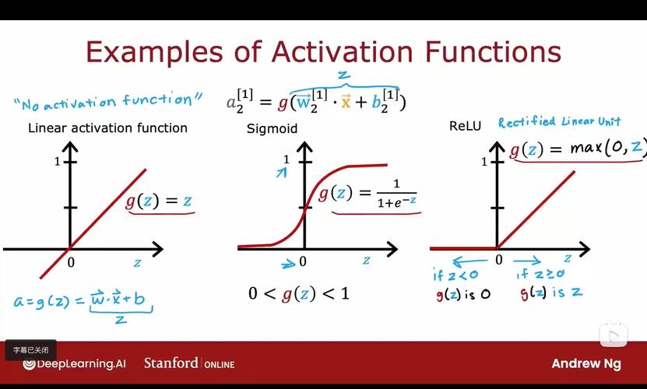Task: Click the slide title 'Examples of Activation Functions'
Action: (323, 52)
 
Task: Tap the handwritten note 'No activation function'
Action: (108, 100)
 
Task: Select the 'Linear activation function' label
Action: (107, 128)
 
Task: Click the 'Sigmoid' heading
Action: (272, 128)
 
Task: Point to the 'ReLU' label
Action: (465, 125)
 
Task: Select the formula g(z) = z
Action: (160, 201)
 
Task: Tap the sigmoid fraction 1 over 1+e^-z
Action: (396, 193)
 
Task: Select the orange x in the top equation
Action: (346, 102)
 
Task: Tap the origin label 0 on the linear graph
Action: (71, 263)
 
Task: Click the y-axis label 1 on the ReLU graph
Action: (484, 162)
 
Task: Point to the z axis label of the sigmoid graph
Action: (365, 260)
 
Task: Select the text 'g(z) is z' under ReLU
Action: (550, 293)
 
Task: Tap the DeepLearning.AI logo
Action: (74, 363)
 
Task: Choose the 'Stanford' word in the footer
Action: (171, 363)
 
